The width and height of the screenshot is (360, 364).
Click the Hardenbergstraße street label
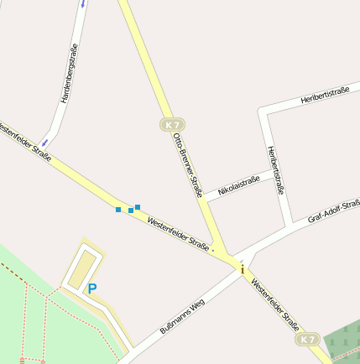pos(69,74)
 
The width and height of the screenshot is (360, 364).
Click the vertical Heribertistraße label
pos(275,169)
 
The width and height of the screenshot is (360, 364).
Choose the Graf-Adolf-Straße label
pos(334,211)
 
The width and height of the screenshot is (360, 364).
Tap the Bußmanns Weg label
pos(181,317)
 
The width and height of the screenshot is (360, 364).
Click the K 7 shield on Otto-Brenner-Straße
pos(172,125)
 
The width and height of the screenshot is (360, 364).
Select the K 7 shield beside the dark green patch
pos(307,340)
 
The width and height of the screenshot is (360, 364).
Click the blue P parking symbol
pos(92,289)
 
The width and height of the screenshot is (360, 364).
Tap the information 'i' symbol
pos(243,269)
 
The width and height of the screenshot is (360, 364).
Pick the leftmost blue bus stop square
pos(118,209)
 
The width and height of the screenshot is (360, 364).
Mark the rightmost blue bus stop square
pos(138,206)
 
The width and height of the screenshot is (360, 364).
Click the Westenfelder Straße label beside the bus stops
pos(178,234)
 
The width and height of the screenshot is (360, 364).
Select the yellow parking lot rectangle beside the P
pos(81,268)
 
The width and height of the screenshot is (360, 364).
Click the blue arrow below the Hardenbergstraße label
pos(48,134)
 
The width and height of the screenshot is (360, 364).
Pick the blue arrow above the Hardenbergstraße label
pos(83,3)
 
